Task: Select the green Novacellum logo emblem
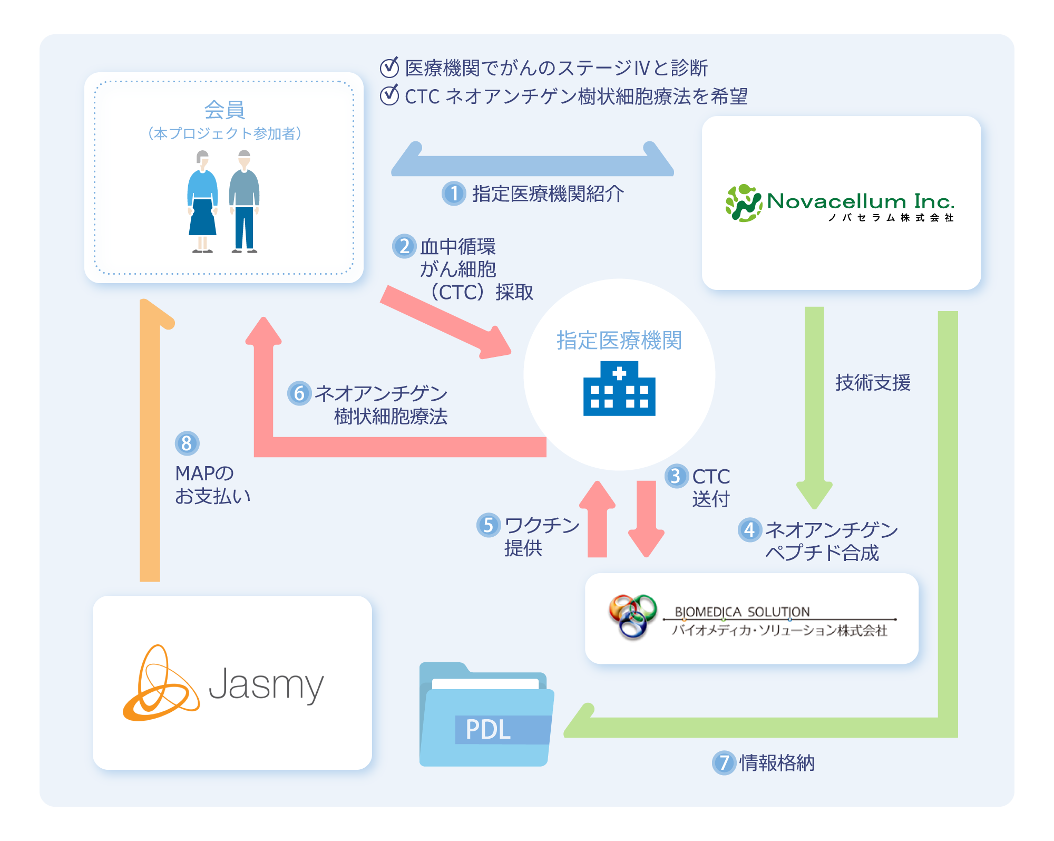point(743,203)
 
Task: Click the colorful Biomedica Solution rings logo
point(632,615)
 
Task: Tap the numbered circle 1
point(454,194)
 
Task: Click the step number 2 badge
point(404,246)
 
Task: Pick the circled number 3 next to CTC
point(676,476)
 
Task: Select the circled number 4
point(750,529)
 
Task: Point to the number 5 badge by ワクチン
point(489,525)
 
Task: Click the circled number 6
point(299,393)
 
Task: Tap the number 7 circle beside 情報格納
point(724,762)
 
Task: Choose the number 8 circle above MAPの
point(187,443)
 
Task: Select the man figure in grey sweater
point(244,202)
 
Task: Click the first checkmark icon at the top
point(389,67)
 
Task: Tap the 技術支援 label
point(873,383)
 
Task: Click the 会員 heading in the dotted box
point(225,110)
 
